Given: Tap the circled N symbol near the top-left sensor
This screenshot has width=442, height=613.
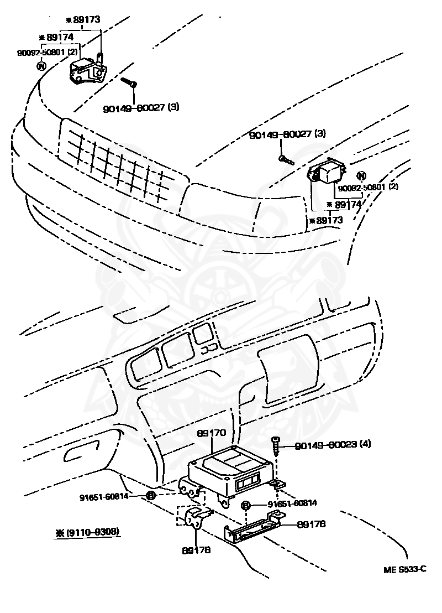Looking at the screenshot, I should click(x=41, y=66).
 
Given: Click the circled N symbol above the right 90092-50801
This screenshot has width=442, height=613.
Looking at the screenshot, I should click(x=361, y=176).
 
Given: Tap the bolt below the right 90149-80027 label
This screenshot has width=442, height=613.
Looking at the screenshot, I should click(x=286, y=160).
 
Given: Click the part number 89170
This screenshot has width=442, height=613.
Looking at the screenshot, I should click(x=211, y=435).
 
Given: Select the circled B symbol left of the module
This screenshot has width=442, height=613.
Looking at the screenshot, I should click(x=150, y=496).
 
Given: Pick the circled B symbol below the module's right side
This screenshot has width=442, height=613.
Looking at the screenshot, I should click(x=247, y=505).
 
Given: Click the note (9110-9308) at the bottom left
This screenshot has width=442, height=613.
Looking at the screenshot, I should click(x=87, y=533).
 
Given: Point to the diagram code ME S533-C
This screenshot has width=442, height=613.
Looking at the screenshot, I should click(x=406, y=569).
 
